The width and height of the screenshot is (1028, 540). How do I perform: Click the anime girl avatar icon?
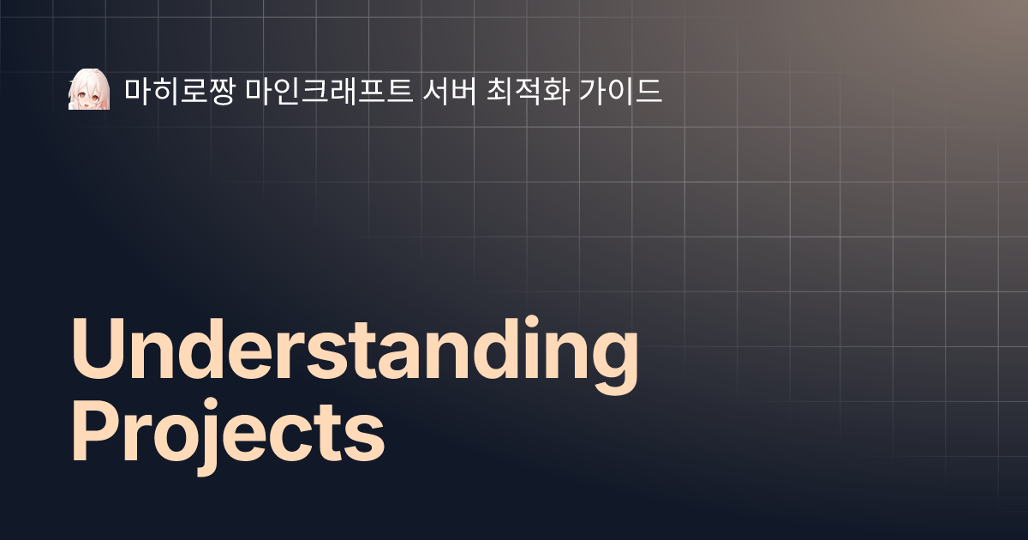[x=89, y=89]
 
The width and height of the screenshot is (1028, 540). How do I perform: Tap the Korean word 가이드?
[x=624, y=89]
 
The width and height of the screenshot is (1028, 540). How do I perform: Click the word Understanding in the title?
[x=355, y=351]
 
